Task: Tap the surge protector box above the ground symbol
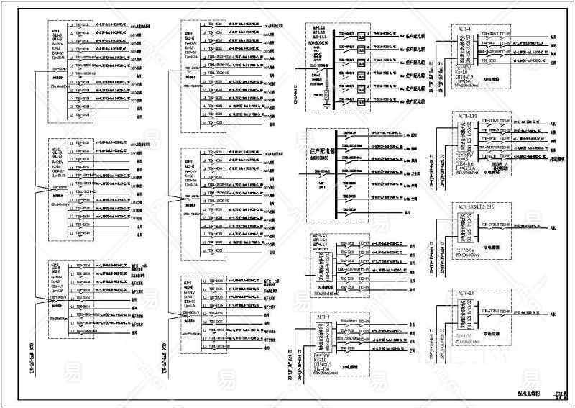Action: [326, 94]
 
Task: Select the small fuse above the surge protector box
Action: [326, 83]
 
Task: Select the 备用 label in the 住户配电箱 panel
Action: [408, 212]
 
